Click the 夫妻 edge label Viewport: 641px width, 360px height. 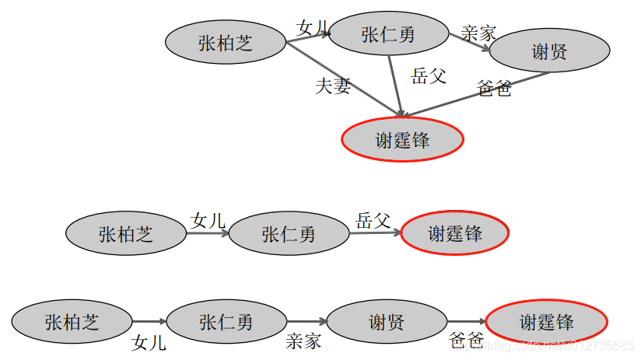click(x=333, y=86)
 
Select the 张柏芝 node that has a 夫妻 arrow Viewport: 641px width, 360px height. click(x=226, y=43)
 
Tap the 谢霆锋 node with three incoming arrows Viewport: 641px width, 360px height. click(x=402, y=140)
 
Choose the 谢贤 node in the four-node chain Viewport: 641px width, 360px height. click(x=386, y=321)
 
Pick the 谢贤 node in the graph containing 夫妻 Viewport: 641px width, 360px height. click(x=549, y=52)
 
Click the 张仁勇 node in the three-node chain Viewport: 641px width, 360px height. click(x=289, y=233)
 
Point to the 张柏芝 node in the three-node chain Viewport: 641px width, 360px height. click(x=126, y=233)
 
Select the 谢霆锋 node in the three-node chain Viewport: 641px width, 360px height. click(x=455, y=233)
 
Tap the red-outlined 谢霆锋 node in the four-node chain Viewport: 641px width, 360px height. click(x=546, y=321)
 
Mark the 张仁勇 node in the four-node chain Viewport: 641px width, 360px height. click(x=226, y=321)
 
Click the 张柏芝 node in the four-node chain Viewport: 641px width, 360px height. click(x=72, y=321)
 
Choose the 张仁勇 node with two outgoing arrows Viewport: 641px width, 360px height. click(x=388, y=35)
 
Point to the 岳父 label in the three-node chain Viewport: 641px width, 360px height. click(x=373, y=220)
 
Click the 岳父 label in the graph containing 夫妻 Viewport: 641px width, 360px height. click(x=429, y=76)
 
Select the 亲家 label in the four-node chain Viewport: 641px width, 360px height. click(x=303, y=341)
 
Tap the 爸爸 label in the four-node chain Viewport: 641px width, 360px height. click(x=467, y=341)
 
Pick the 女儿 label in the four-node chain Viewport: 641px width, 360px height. click(x=149, y=342)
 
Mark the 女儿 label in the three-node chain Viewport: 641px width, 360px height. click(x=208, y=220)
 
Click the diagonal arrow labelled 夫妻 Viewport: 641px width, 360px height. click(x=342, y=79)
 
